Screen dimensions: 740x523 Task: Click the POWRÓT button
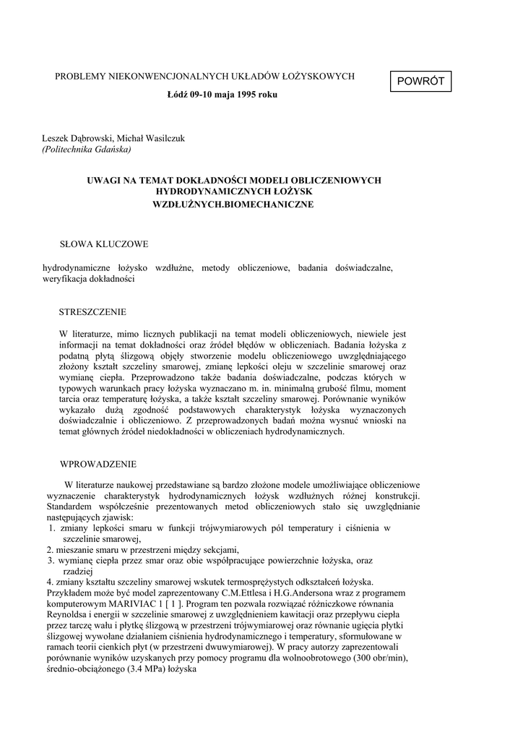tap(420, 82)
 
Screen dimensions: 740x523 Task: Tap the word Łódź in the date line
tap(178, 94)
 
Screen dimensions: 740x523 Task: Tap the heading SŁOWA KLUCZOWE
tap(103, 244)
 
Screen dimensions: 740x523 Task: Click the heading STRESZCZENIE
tap(92, 312)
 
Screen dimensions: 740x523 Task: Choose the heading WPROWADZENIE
tap(98, 464)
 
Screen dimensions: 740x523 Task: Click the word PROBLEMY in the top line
tap(79, 76)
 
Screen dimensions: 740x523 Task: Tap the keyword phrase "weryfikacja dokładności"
tap(89, 278)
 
